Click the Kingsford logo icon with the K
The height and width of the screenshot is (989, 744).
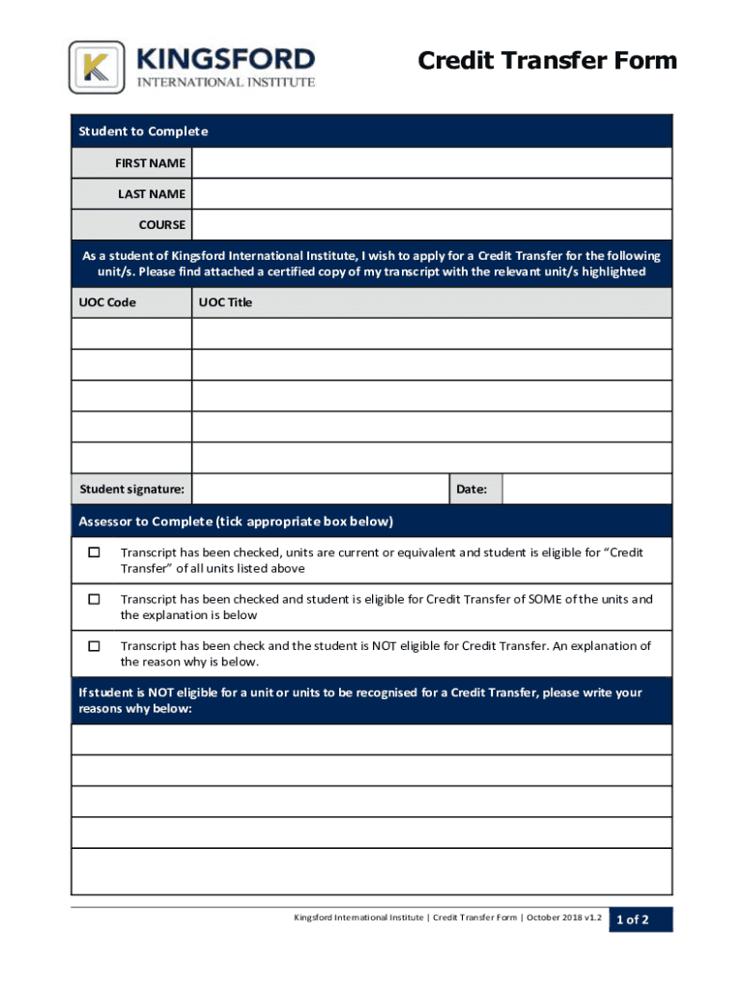click(x=97, y=68)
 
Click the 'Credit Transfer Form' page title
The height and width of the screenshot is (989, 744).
click(x=547, y=62)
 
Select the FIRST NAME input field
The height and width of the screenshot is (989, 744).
click(x=431, y=163)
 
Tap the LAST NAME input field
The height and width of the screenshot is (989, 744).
click(x=431, y=194)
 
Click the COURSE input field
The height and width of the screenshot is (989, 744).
click(x=431, y=225)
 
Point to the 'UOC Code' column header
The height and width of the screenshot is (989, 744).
click(x=107, y=302)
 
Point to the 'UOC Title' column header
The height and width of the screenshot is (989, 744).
click(x=225, y=302)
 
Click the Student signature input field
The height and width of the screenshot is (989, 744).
click(x=320, y=490)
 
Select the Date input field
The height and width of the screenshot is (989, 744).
click(x=587, y=490)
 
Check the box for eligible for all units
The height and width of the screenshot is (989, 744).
click(x=94, y=552)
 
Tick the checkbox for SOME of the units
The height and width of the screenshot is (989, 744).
click(x=94, y=599)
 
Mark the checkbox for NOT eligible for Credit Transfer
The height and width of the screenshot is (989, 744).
click(x=94, y=645)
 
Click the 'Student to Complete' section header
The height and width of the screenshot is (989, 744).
click(x=143, y=131)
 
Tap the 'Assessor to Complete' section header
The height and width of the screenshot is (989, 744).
click(x=236, y=522)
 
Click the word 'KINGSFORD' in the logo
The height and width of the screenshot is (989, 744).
click(x=226, y=58)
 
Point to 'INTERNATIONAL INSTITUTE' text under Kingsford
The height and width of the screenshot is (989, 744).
click(x=226, y=82)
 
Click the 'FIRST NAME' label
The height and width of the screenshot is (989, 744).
click(x=150, y=163)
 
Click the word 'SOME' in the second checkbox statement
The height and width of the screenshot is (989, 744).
click(x=545, y=599)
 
